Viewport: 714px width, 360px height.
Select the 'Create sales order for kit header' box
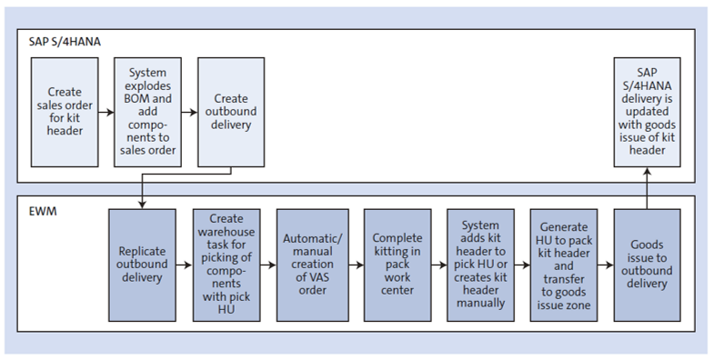click(65, 111)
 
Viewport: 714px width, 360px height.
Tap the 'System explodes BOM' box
click(148, 111)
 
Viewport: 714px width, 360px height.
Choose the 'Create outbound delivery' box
click(231, 111)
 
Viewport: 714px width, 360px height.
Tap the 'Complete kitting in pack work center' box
click(397, 265)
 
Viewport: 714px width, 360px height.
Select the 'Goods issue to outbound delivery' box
click(647, 265)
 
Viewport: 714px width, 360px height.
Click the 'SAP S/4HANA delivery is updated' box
click(647, 111)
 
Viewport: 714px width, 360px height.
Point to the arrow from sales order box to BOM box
click(106, 112)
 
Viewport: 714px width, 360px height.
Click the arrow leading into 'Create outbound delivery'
click(189, 112)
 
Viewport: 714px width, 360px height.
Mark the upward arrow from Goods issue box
click(647, 188)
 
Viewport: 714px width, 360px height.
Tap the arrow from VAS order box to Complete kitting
click(355, 265)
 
